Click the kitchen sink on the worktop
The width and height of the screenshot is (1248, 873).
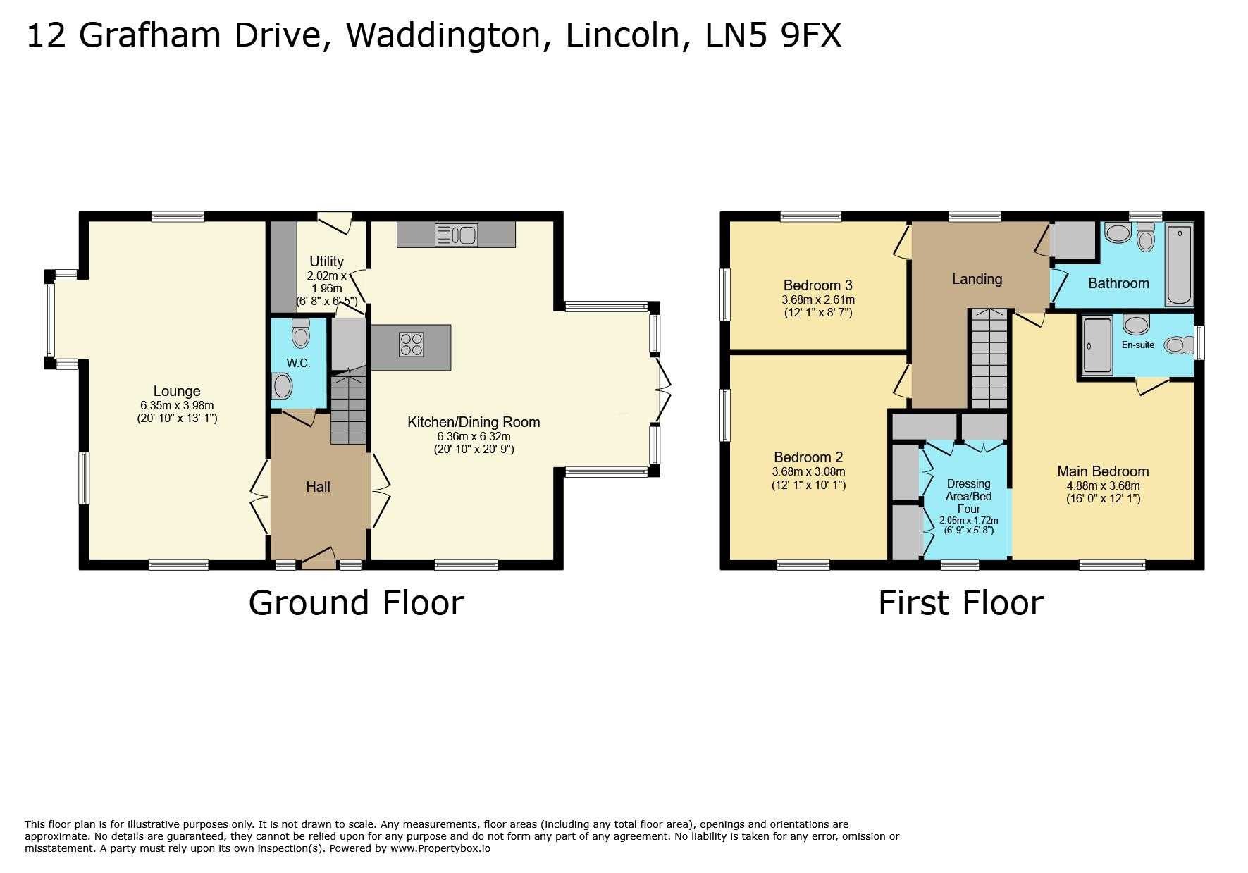click(456, 234)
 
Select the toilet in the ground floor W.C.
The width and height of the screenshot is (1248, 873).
click(301, 333)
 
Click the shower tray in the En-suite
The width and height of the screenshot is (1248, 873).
click(1096, 345)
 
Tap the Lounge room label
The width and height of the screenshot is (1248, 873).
click(177, 391)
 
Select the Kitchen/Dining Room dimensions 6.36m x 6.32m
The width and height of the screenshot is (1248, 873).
click(474, 436)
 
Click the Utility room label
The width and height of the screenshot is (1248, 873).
click(326, 261)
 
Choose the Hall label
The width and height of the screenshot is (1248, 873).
click(318, 487)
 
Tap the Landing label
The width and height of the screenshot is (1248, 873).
click(977, 279)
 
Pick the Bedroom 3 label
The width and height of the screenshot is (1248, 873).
click(817, 285)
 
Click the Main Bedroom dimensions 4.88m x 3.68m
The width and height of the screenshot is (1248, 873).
click(1102, 485)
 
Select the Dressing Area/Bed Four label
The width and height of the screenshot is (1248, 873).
click(968, 496)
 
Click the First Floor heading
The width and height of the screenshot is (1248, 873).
click(960, 603)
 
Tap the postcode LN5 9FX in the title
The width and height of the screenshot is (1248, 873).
click(773, 35)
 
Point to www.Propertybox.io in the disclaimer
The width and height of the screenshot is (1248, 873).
click(440, 848)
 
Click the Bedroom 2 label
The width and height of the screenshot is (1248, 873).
click(808, 457)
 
